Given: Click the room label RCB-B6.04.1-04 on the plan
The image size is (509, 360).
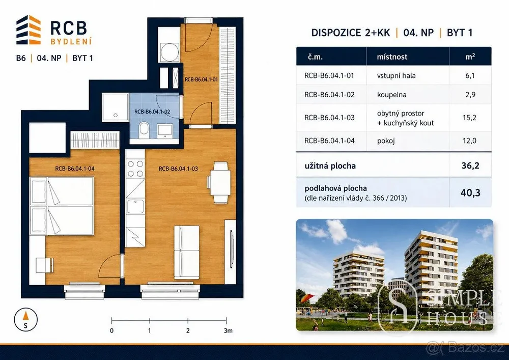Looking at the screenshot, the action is pos(75,169).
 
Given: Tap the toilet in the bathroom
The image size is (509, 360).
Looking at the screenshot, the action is pos(143,130).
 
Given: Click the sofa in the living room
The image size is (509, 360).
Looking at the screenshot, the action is pos(187,252).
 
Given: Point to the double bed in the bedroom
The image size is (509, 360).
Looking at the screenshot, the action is pos(62,206).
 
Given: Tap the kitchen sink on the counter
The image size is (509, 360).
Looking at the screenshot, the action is pos(135,206).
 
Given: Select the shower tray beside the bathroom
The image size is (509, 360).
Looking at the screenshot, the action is pos(115,107).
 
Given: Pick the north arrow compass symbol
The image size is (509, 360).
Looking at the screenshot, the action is pos(25,319).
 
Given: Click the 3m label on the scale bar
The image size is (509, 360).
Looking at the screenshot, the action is pos(228,331).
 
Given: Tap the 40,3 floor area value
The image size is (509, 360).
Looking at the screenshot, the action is pos(470,193).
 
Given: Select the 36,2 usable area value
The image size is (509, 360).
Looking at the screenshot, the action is pos(470,166).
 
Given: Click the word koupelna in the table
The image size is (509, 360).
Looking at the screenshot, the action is pos(391,95).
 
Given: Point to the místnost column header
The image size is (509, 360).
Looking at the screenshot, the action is pos(392,57).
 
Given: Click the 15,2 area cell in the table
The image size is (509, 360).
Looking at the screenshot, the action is pos(469,118).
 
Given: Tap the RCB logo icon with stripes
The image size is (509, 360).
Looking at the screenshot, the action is pos(29,30).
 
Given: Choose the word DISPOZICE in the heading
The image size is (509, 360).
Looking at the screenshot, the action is pos(336,33).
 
